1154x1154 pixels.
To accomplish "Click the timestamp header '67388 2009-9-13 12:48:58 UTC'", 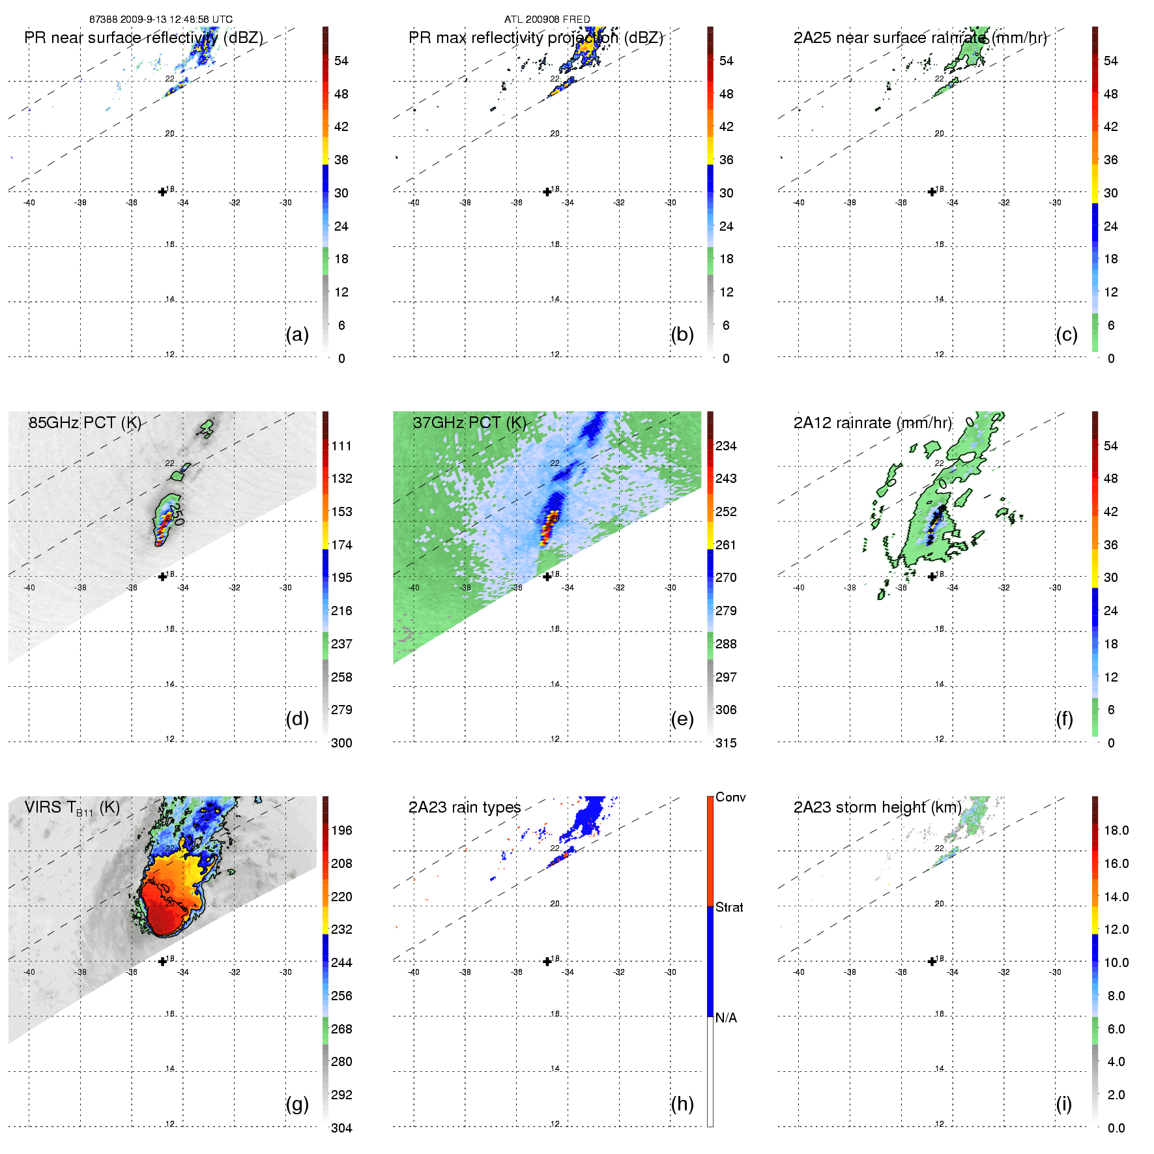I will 161,20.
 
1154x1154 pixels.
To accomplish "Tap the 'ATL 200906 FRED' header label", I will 547,20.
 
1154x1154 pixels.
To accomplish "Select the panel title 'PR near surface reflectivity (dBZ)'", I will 144,38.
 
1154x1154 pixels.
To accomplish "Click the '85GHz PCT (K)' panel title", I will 85,423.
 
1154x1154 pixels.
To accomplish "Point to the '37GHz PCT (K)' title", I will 469,423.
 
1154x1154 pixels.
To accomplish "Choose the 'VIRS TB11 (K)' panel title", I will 72,808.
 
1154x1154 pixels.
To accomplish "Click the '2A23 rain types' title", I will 465,808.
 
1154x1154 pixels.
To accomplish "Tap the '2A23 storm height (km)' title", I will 877,808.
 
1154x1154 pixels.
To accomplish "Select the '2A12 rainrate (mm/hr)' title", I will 873,423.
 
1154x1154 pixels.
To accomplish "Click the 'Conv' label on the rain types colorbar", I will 730,797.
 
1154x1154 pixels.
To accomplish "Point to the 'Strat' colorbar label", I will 729,907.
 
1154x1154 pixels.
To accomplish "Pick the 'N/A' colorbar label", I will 726,1018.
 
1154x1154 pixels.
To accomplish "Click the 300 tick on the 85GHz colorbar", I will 341,743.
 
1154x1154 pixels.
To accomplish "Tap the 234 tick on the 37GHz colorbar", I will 726,446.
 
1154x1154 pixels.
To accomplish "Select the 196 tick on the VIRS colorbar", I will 341,830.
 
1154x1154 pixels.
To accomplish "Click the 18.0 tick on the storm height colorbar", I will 1116,830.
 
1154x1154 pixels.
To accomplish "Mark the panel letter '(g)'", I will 297,1104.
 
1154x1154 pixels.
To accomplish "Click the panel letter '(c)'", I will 1067,334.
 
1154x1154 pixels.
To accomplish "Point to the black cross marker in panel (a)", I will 162,192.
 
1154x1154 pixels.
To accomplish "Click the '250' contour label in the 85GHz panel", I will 177,510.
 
